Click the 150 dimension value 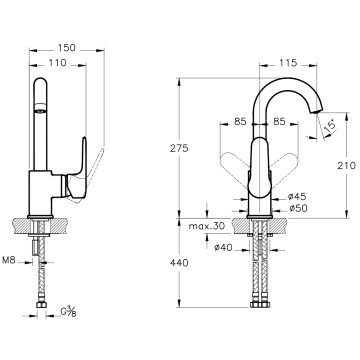[67, 48]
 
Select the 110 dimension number [57, 62]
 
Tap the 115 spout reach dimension [288, 62]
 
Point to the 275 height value [179, 148]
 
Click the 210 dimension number [347, 165]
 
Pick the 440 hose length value [179, 263]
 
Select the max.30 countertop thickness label [207, 226]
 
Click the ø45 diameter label [297, 197]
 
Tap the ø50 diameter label [298, 209]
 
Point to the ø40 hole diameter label [223, 247]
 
